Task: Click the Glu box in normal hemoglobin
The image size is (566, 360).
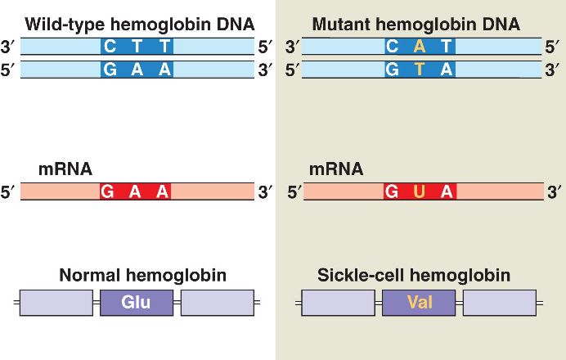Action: click(137, 303)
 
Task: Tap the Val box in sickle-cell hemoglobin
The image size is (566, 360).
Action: click(419, 303)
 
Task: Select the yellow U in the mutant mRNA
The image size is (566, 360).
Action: click(420, 192)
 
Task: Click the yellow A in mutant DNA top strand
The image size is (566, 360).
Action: click(420, 47)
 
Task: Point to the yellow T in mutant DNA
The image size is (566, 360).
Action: click(420, 70)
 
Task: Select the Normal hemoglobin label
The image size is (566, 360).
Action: click(142, 276)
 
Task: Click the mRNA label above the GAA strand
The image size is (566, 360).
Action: click(65, 170)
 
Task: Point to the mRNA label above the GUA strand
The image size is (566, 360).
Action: click(336, 170)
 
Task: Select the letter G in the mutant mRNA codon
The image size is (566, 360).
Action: click(392, 192)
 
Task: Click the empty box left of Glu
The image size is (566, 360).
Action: click(56, 303)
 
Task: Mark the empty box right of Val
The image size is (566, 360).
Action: click(499, 303)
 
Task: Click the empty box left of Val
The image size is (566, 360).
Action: click(338, 303)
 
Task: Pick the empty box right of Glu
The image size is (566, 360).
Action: click(217, 303)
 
